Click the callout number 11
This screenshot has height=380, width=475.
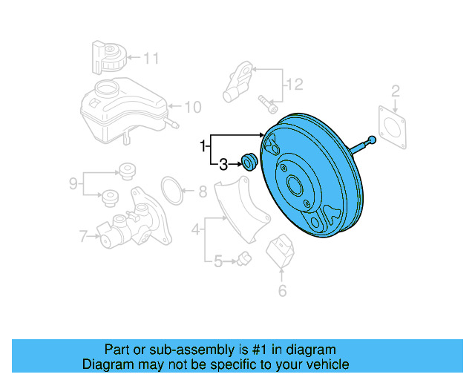tap(151, 57)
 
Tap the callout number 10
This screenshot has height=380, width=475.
tap(192, 107)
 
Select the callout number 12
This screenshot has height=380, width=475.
tap(295, 85)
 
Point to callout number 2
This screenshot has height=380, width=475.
tap(396, 91)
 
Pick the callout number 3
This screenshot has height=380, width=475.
tap(223, 163)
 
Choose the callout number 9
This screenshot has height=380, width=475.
tap(73, 182)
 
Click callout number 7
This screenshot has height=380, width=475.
tap(83, 237)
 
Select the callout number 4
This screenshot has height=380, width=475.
tap(195, 230)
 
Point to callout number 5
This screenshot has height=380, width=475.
tap(217, 261)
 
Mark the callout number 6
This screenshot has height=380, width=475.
tap(282, 290)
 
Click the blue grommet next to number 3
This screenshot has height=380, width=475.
tap(249, 160)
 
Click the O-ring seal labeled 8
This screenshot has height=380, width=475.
tap(173, 192)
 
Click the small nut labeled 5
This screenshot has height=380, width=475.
tap(245, 258)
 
